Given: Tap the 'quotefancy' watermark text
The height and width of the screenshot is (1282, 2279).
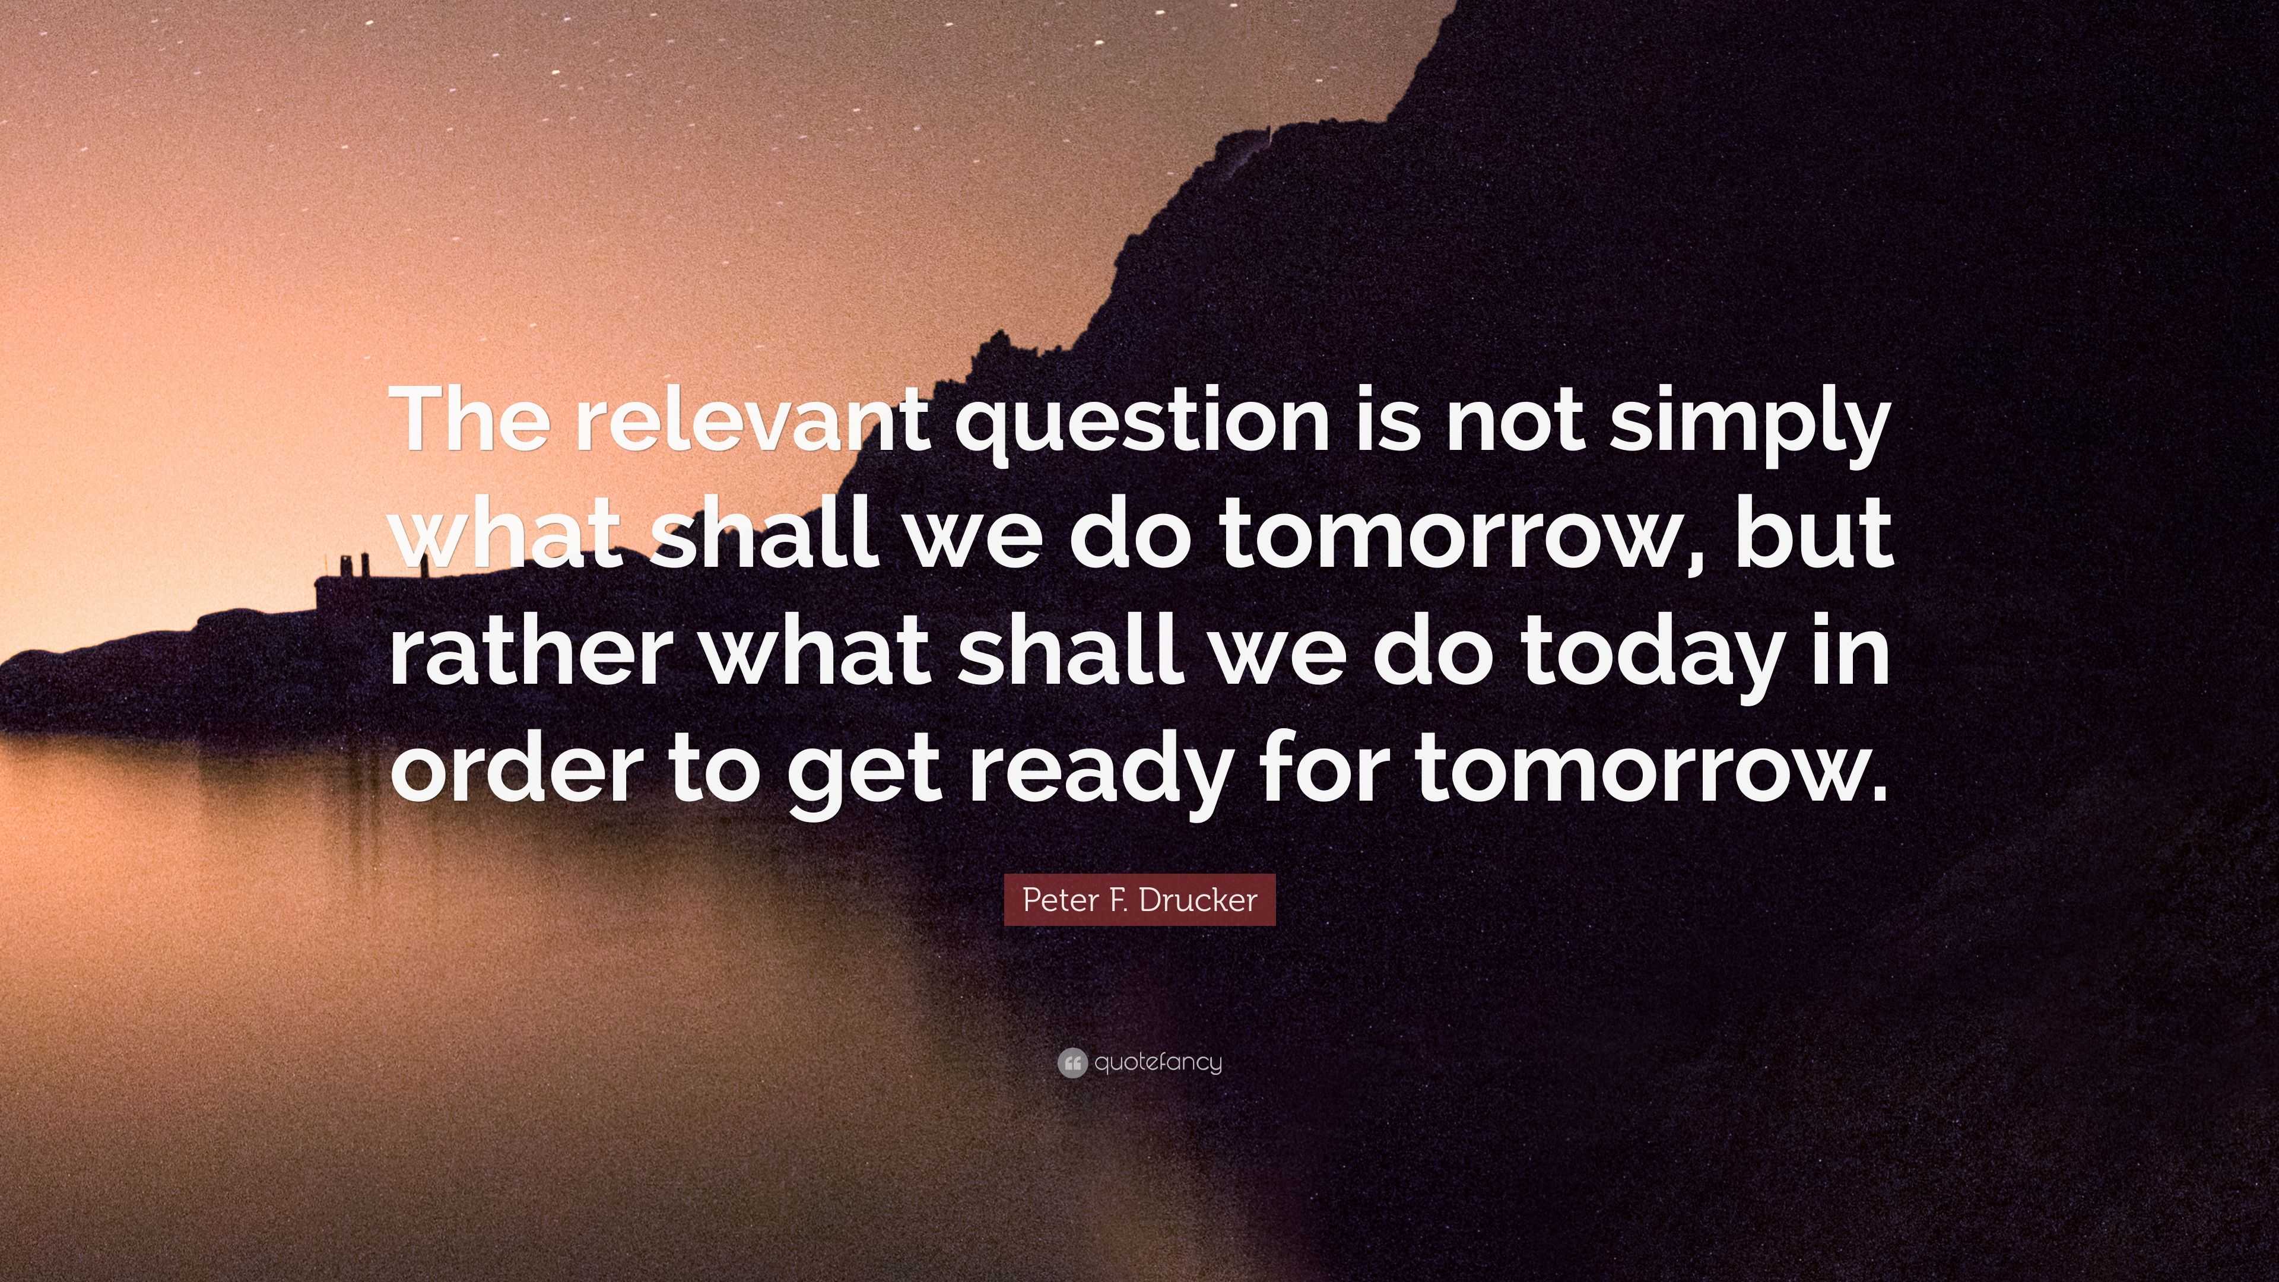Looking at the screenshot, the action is (1158, 1062).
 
